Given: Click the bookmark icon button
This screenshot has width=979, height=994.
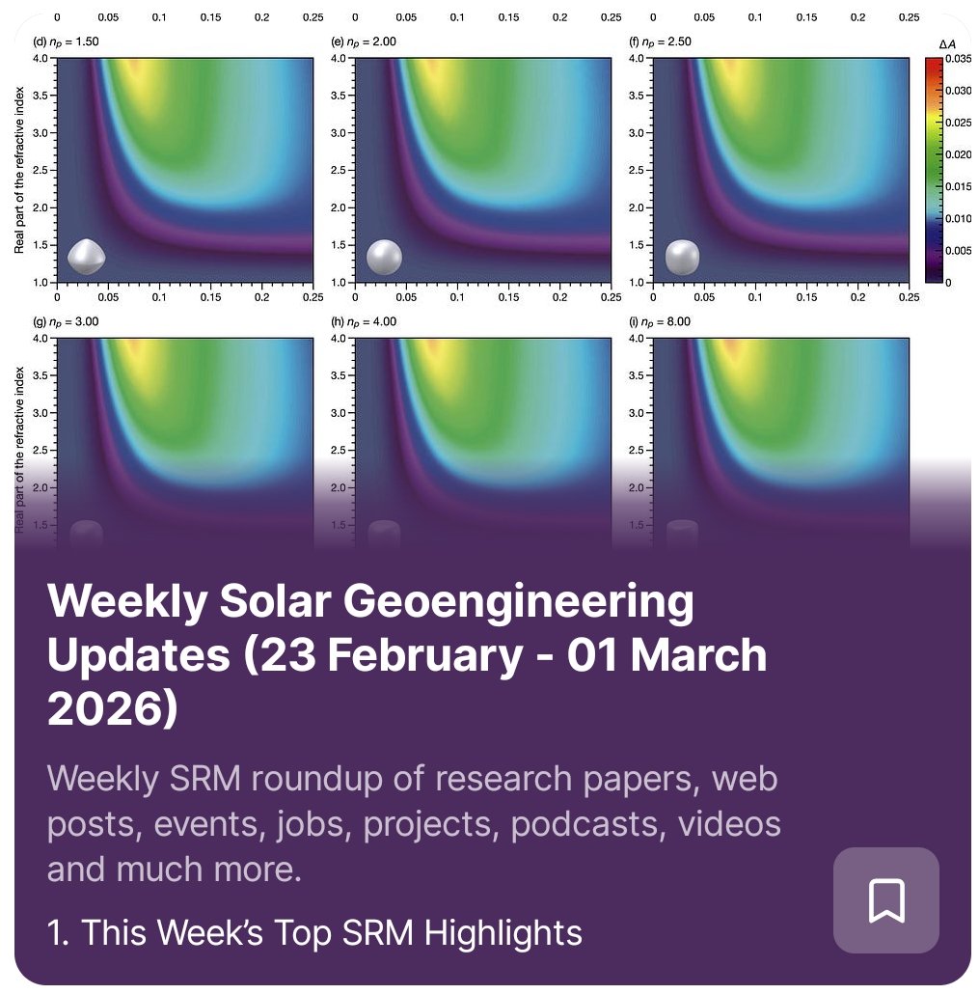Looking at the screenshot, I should coord(885,900).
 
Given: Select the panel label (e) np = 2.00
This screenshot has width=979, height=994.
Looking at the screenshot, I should coord(364,41).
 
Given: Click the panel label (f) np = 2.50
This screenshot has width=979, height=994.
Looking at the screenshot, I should coord(662,41).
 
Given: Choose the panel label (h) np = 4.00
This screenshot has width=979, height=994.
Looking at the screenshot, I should coord(364,321).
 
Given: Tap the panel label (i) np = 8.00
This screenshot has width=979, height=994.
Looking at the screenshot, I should coord(662,321).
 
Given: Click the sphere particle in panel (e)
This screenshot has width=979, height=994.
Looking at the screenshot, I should coord(384,257).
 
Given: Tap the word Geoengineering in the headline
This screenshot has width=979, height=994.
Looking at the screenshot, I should coord(519,604).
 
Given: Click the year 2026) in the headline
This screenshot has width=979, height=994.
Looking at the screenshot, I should coord(113,709).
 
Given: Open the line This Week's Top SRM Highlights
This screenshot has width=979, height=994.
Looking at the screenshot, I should coord(314,932).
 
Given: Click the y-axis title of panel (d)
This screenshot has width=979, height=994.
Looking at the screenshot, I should coord(19,169).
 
